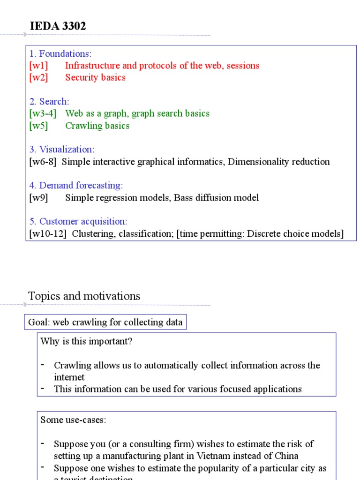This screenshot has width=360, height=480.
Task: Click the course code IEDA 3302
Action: (58, 27)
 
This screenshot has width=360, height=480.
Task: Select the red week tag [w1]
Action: (38, 66)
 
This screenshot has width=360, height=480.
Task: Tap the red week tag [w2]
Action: (38, 78)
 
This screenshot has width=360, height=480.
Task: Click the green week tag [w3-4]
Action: (43, 113)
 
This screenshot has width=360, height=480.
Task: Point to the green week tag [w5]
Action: (38, 126)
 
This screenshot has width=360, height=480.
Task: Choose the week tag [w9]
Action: (38, 198)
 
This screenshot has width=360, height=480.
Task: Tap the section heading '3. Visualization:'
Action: (61, 150)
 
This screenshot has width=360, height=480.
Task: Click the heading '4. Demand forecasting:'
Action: (76, 186)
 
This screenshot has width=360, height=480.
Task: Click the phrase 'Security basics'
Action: (95, 78)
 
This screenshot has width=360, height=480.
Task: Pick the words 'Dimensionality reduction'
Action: (278, 162)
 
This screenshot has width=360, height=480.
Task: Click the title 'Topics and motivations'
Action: (84, 296)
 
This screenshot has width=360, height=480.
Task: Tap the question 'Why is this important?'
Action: (86, 341)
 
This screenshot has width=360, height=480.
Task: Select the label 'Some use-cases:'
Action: (73, 420)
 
